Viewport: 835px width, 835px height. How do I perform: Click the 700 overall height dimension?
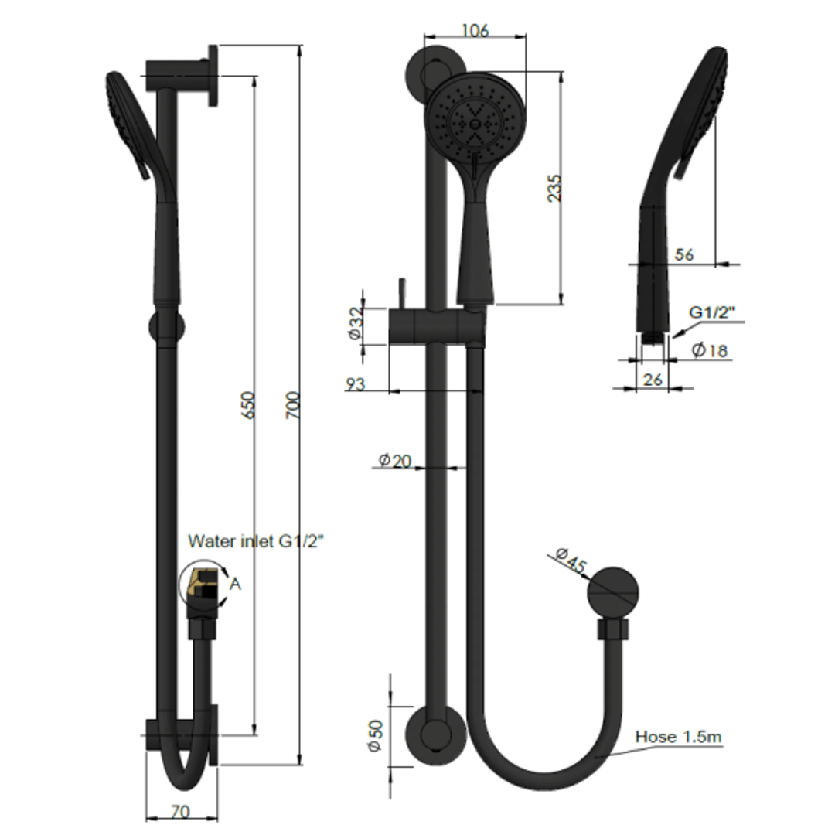coord(293,405)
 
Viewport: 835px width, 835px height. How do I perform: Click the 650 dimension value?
coord(248,405)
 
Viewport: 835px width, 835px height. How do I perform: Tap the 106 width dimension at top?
coord(475,30)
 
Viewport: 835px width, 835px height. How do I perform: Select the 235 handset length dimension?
coord(554,188)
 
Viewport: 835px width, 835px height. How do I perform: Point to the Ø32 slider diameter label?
coord(355,324)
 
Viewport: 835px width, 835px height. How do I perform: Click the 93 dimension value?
coord(356,384)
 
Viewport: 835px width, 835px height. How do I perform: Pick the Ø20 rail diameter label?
coord(394,461)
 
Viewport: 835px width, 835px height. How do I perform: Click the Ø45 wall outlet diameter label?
coord(571,561)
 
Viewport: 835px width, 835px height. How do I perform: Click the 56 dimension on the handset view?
coord(683,254)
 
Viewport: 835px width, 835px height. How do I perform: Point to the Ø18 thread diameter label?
coord(710,350)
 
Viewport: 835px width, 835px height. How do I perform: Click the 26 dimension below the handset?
coord(653,379)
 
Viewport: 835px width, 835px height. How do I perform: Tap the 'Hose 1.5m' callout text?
coord(678,737)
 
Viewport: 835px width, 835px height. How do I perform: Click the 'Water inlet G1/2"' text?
coord(255,542)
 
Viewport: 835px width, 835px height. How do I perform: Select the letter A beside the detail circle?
coord(236,584)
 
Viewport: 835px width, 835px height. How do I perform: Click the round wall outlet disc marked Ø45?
coord(613,593)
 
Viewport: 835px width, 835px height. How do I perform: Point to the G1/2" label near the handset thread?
coord(712,312)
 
